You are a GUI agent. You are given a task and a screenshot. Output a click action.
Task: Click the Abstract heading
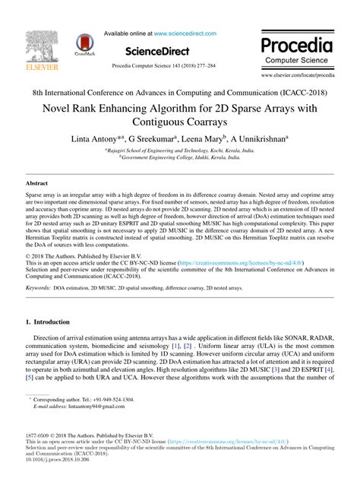[37, 184]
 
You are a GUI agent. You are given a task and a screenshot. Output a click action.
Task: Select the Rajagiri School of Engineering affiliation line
[180, 151]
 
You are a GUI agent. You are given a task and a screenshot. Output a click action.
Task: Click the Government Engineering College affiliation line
[180, 159]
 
